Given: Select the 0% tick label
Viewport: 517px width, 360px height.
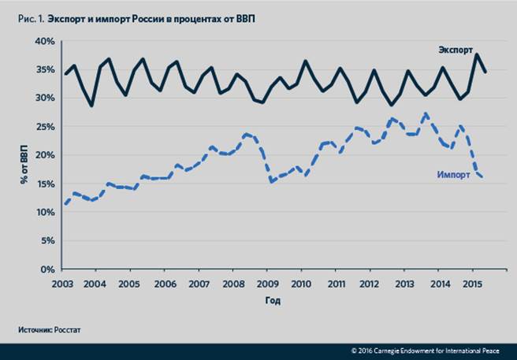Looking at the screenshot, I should click(x=47, y=269).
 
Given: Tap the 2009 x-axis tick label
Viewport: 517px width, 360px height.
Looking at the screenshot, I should click(x=266, y=283).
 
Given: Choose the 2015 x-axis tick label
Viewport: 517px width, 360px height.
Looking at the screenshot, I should click(x=472, y=283).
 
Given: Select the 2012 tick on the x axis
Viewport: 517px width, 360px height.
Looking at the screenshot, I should click(x=370, y=283).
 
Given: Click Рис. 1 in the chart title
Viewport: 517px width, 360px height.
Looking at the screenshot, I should click(x=28, y=17).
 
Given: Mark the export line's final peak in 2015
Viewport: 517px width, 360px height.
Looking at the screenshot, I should click(x=477, y=54).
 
